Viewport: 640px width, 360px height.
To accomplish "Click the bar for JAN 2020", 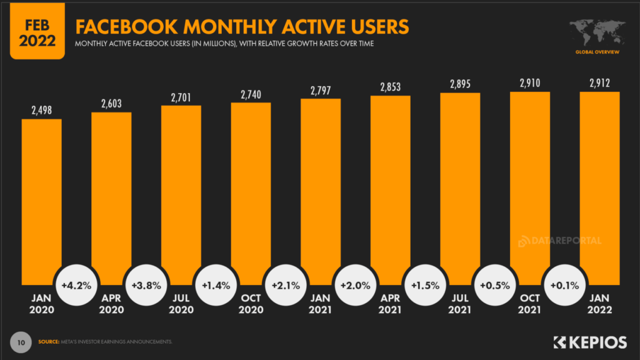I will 41,200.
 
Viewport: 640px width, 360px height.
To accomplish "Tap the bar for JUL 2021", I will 460,187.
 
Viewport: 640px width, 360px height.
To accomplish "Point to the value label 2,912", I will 599,82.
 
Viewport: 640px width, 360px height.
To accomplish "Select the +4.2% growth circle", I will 77,285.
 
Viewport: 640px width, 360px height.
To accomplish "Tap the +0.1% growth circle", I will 565,285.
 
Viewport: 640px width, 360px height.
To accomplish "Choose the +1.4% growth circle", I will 216,285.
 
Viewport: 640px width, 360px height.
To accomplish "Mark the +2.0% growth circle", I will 356,285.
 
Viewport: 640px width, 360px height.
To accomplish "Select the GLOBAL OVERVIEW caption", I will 597,52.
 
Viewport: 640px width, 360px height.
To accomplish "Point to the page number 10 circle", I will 20,342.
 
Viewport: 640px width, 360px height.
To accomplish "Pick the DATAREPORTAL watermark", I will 559,241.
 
